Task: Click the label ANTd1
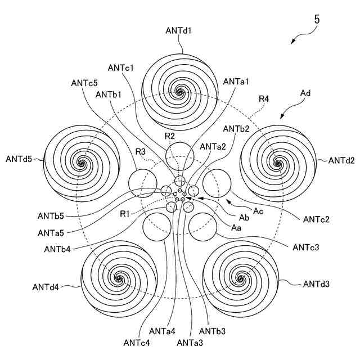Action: (179, 30)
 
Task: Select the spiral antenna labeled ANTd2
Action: (277, 163)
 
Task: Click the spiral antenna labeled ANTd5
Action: (82, 163)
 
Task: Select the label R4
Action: (264, 99)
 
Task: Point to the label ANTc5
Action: (84, 82)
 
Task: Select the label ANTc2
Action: (317, 219)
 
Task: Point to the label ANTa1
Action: (236, 82)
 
